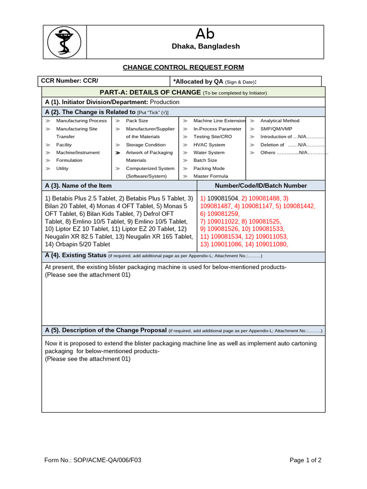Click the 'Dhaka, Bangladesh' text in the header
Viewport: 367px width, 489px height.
point(206,46)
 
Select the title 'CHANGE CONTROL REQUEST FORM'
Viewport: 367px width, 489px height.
point(183,67)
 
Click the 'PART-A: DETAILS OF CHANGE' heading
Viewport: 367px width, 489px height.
point(150,92)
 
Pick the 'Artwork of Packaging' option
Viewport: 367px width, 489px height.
point(149,153)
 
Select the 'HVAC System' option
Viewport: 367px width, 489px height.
point(209,145)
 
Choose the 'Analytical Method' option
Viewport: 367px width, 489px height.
point(280,121)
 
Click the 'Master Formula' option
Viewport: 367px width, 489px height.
point(211,176)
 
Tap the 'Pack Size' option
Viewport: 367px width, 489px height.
point(137,121)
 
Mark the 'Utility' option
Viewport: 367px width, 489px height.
point(63,169)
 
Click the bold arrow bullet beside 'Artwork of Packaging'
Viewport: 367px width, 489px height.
point(118,153)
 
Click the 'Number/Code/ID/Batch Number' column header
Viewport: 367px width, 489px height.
point(261,186)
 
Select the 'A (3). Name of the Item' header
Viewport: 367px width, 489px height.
point(78,186)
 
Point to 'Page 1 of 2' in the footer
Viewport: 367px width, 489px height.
point(305,460)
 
